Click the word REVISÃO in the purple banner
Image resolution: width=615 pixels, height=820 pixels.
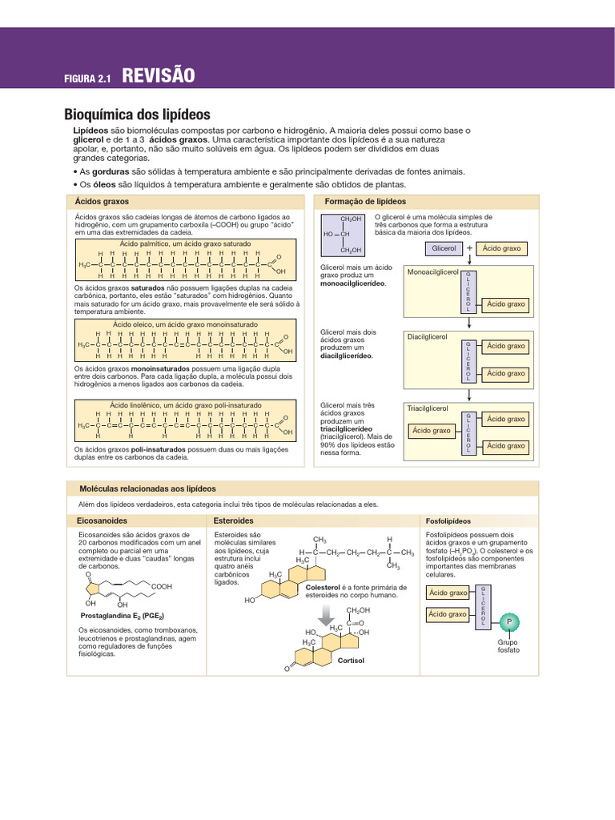[159, 76]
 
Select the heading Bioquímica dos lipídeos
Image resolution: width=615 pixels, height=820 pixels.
[137, 114]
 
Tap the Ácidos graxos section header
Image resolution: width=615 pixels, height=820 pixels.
[102, 201]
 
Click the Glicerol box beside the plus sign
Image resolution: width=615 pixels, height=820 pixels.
[444, 249]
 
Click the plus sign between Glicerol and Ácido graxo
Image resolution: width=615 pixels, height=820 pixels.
[469, 249]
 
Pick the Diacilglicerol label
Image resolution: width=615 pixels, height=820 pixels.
[428, 336]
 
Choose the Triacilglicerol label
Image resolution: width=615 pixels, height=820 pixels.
[428, 408]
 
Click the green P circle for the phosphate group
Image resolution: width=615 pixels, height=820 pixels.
[508, 622]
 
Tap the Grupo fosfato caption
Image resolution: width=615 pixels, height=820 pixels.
[508, 645]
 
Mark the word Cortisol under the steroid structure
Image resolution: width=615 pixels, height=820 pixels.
[351, 661]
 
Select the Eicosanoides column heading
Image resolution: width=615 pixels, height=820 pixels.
[97, 521]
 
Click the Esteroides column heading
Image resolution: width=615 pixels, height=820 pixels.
[234, 521]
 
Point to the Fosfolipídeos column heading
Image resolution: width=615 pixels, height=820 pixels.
[448, 521]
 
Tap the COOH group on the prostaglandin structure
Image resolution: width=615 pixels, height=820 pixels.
[162, 587]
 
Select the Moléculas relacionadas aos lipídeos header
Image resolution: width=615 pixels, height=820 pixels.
[147, 488]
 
